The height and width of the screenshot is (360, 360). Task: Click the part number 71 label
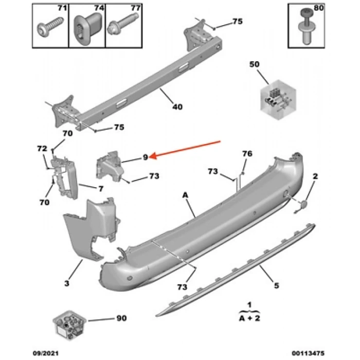click(x=62, y=9)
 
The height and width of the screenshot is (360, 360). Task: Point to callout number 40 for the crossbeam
click(x=177, y=107)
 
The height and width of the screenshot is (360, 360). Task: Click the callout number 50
click(x=255, y=64)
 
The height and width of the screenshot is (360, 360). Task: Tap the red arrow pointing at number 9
click(x=188, y=148)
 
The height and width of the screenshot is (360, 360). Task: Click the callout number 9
click(x=146, y=157)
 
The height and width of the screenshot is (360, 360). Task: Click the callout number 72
click(x=41, y=149)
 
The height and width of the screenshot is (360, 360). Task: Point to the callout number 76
click(x=247, y=154)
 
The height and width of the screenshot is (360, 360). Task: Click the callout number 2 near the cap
click(x=315, y=176)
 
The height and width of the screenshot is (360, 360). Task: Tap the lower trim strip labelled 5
click(x=231, y=267)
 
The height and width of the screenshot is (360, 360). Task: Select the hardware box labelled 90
click(x=68, y=325)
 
